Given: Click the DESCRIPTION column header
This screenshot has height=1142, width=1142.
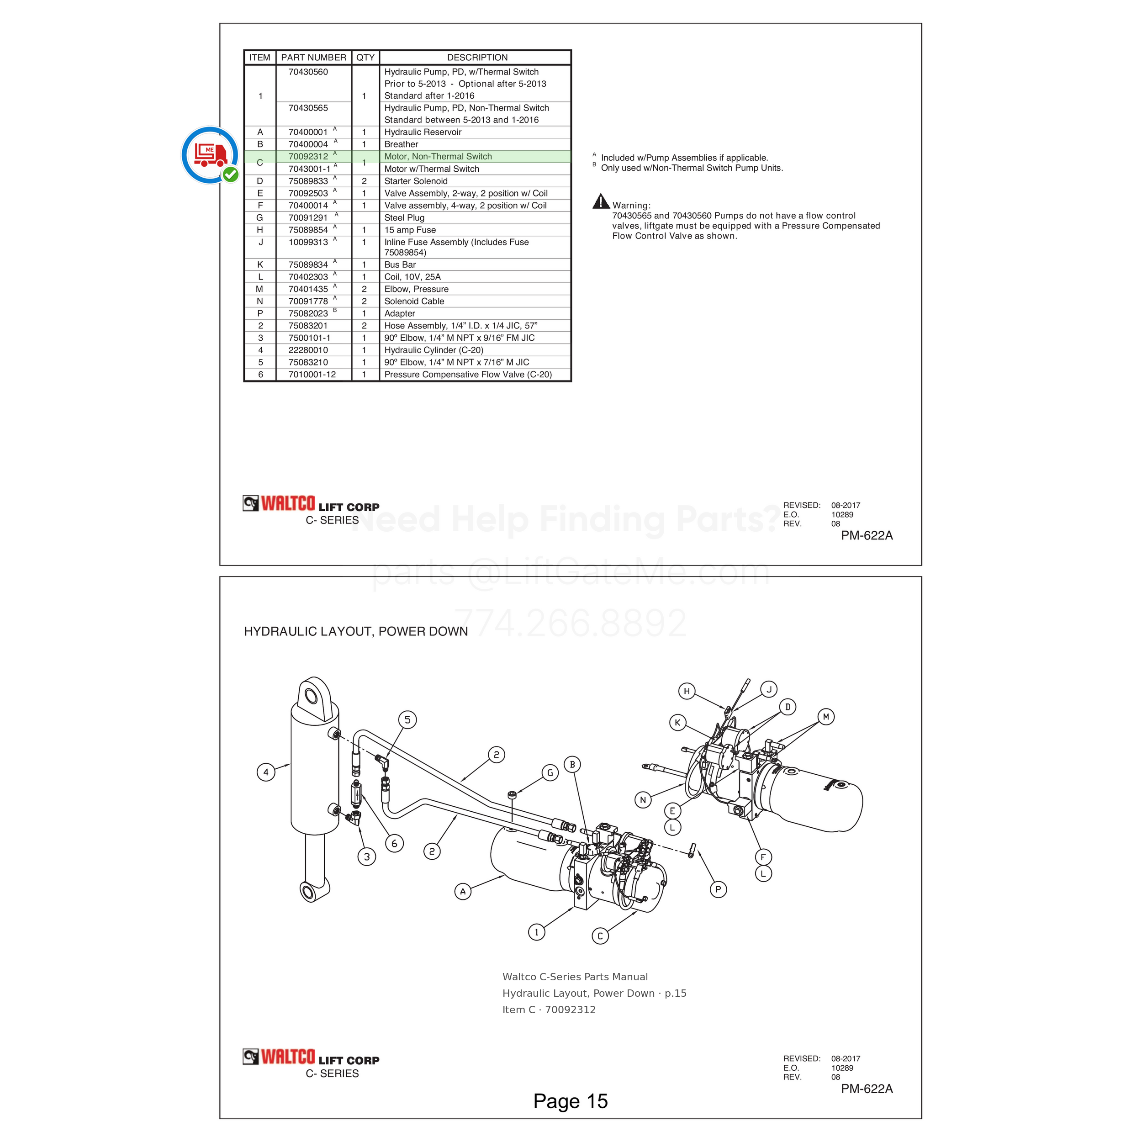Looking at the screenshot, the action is [477, 58].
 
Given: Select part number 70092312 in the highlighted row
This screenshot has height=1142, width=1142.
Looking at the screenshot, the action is [308, 157].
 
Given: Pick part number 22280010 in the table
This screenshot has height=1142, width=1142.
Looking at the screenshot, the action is [308, 350].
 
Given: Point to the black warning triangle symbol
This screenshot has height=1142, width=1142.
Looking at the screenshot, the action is [601, 201].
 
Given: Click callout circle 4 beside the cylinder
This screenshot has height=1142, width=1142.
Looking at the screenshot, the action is [266, 772].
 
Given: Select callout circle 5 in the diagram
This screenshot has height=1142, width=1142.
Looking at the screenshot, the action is [407, 719].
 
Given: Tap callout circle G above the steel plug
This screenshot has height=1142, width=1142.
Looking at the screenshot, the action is [550, 772].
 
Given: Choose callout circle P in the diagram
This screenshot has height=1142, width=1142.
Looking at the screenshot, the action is [718, 889].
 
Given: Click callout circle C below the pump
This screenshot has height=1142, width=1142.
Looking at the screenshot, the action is [600, 936].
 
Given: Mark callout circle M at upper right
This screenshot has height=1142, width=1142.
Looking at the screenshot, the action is [826, 717].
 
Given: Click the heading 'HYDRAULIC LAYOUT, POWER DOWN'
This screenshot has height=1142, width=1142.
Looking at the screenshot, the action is [356, 631].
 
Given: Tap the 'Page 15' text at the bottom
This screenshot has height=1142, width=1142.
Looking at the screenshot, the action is [571, 1101].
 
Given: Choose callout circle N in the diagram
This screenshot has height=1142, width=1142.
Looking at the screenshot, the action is [643, 800].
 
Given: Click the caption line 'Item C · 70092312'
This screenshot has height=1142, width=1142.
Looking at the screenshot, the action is [549, 1010].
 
